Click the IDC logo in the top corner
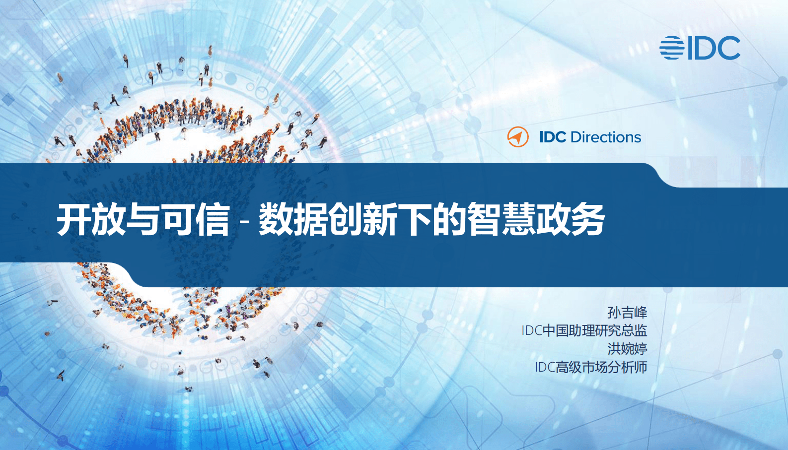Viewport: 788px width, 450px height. click(700, 48)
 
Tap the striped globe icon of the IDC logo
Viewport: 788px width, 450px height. click(671, 48)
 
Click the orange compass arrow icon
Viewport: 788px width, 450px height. click(518, 137)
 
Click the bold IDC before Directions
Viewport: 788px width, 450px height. click(553, 137)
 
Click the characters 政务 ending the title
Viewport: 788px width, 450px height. click(571, 219)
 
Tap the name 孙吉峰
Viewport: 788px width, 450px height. click(627, 313)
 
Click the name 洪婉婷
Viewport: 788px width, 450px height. click(627, 349)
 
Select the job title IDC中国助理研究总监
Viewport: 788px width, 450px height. click(584, 330)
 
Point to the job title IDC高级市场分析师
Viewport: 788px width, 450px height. click(591, 367)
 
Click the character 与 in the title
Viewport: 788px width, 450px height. click(143, 219)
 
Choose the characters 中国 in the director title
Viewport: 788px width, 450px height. click(556, 330)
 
